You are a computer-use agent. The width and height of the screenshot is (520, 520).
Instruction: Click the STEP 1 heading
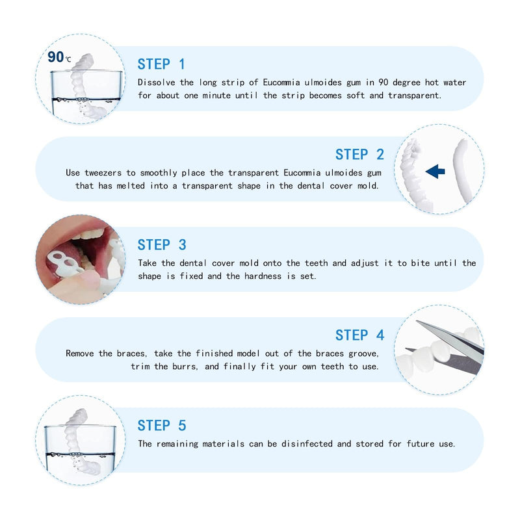161,64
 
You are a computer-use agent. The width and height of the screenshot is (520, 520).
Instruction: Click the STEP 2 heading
359,155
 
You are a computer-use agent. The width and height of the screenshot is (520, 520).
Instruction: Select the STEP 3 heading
162,245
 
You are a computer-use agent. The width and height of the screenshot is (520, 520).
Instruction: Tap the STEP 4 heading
359,335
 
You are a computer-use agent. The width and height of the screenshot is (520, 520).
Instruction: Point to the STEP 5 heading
162,426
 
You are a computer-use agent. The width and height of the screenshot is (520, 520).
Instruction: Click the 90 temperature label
57,57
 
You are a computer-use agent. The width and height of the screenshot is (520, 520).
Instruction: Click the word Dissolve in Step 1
157,83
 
